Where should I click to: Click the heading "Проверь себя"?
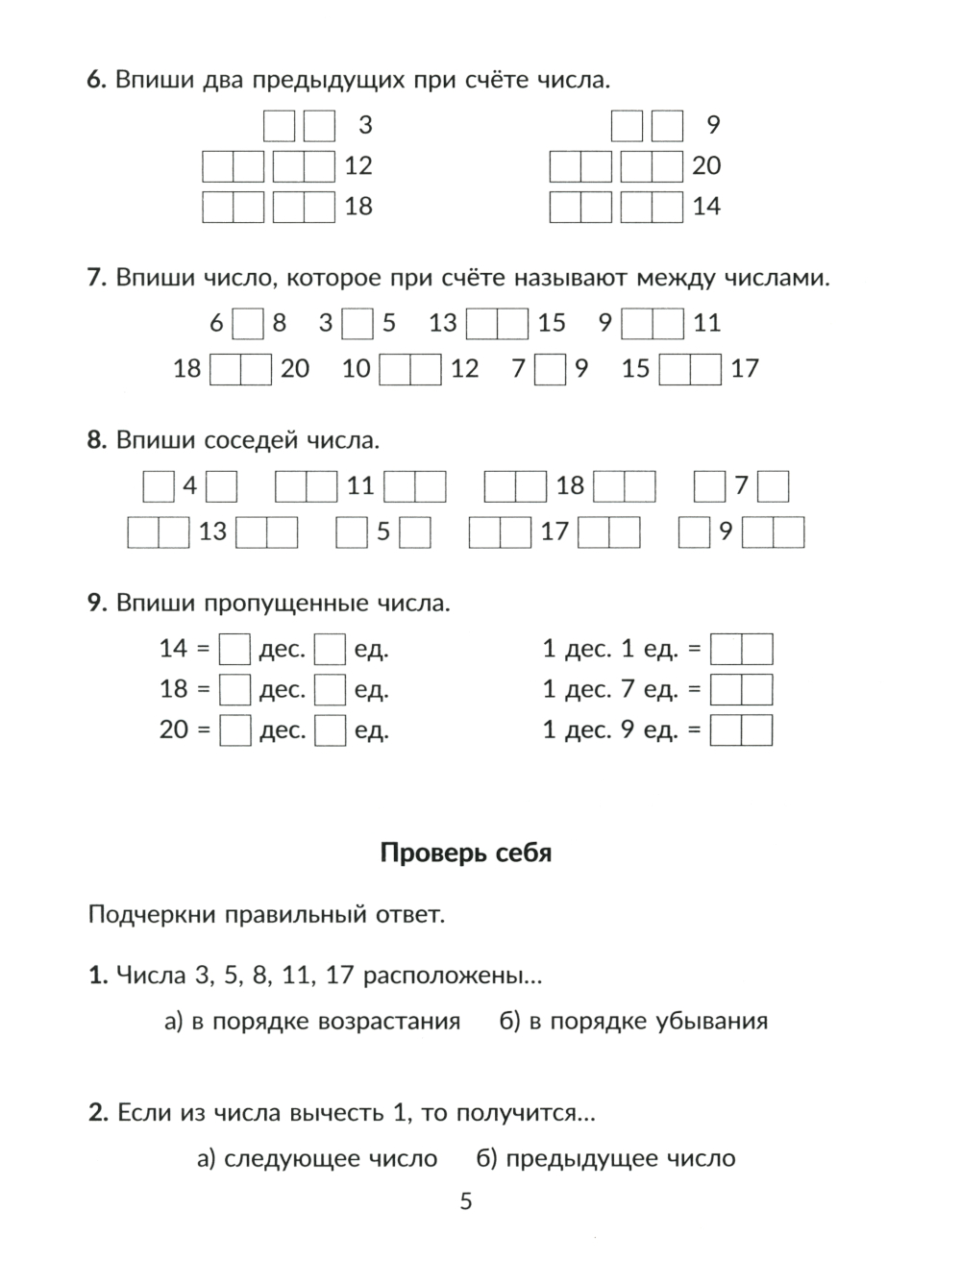coord(466,853)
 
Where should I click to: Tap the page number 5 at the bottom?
coord(466,1200)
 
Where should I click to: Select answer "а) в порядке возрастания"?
coord(312,1021)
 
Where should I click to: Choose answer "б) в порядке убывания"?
coord(633,1021)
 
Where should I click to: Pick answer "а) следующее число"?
coord(317,1158)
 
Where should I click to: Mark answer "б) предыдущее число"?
coord(606,1158)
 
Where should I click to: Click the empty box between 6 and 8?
coord(248,323)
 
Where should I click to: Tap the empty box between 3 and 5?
coord(357,323)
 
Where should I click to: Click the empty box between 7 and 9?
coord(550,369)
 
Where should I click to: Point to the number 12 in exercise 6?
coord(357,166)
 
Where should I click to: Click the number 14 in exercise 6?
coord(706,207)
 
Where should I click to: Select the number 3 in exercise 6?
coord(365,125)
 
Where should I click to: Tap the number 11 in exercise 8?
coord(360,486)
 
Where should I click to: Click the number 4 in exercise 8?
coord(189,486)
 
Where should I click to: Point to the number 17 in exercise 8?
coord(554,532)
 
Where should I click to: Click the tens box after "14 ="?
coord(234,650)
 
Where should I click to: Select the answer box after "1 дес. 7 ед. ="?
coord(741,690)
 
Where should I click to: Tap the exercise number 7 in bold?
coord(95,279)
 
